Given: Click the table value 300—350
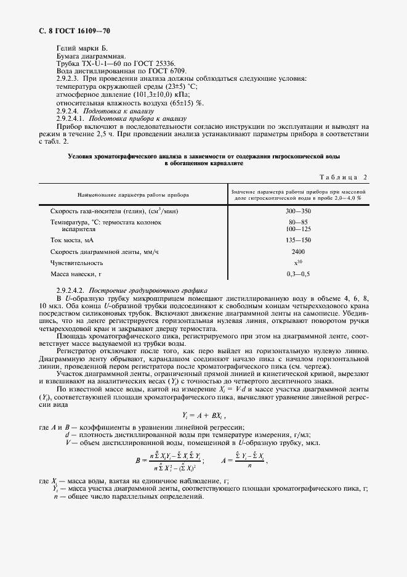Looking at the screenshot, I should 298,211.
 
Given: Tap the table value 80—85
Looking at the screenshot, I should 298,222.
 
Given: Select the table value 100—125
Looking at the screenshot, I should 298,229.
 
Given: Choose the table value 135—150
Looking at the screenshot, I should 298,240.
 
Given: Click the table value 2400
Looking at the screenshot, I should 298,251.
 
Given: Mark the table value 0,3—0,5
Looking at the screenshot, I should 298,273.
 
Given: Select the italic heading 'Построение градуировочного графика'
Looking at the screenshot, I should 148,290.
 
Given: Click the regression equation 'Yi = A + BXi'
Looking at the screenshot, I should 203,415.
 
